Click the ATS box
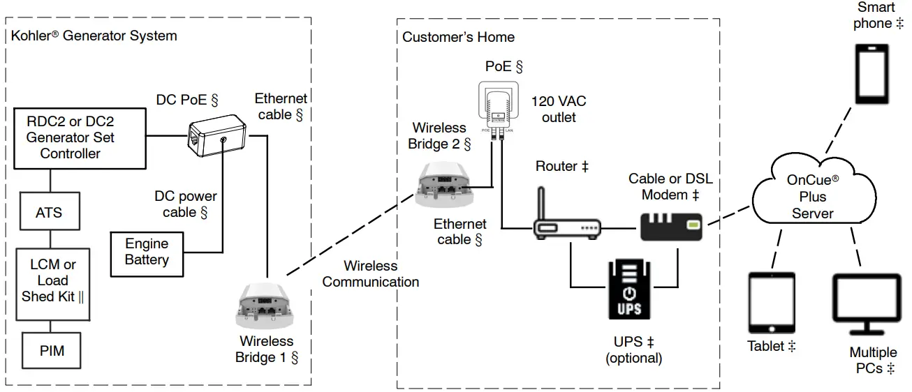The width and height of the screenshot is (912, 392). tap(49, 212)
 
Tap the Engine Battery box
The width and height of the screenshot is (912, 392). tap(147, 252)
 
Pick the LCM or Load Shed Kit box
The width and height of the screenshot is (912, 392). tap(53, 280)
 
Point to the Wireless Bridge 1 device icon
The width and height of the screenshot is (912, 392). tap(265, 306)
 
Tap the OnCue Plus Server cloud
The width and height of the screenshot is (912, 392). tap(814, 195)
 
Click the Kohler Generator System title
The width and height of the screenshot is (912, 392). tap(94, 36)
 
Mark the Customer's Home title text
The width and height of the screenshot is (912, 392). tap(458, 37)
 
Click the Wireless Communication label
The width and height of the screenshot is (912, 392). tap(371, 274)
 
